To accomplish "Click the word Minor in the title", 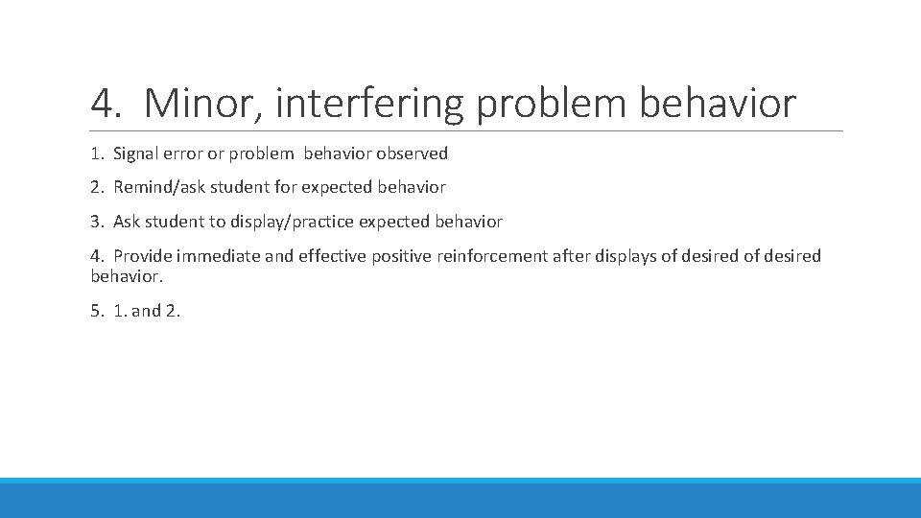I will point(202,104).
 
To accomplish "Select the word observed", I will point(413,153).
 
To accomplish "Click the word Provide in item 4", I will point(142,256).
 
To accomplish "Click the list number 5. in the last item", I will point(97,311).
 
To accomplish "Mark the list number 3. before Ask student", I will point(97,222).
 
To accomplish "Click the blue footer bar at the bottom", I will point(460,499).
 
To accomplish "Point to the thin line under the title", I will point(466,130).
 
